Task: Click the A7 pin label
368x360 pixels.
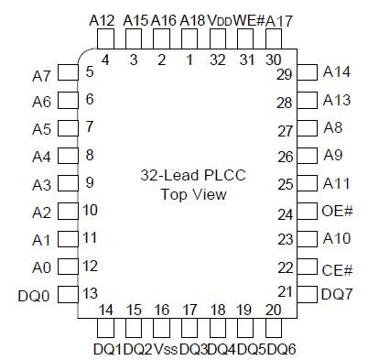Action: tap(40, 74)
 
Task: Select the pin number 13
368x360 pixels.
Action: tap(90, 293)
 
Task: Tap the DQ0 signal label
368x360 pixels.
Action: tap(33, 295)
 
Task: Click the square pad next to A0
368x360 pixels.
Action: tap(67, 267)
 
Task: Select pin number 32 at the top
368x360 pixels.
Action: tap(218, 60)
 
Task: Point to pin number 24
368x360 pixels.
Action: tap(285, 213)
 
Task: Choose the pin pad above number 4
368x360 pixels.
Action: tap(105, 38)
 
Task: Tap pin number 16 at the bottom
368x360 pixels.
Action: tap(162, 310)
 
